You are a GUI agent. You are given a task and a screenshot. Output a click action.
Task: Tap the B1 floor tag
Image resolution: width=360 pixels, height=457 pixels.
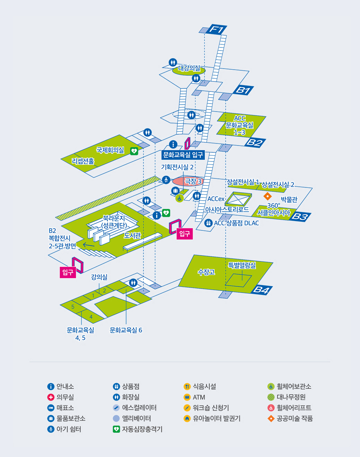click(x=243, y=90)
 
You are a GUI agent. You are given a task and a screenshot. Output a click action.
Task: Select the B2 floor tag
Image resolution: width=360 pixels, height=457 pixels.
click(x=255, y=142)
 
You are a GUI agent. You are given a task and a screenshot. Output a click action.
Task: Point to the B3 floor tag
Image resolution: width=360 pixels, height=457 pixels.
click(x=300, y=217)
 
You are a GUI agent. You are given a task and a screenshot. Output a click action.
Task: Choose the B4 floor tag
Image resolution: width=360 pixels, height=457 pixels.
click(x=261, y=290)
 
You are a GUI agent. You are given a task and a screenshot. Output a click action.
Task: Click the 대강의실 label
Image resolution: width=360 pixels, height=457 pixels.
click(x=189, y=68)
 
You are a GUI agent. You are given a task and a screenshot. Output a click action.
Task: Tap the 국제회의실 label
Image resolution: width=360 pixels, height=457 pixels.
click(x=110, y=150)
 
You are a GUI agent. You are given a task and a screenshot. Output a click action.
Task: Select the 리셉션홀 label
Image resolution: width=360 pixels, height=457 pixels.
click(x=83, y=161)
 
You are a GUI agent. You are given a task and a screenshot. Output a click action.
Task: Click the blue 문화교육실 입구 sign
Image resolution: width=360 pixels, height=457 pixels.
click(x=183, y=155)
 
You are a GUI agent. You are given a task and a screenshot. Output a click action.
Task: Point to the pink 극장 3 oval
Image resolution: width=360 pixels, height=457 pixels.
click(x=188, y=181)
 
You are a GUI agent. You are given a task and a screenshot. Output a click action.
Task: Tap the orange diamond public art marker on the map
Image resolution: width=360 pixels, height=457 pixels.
click(x=267, y=196)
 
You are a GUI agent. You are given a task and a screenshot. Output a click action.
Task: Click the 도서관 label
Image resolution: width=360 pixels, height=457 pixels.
click(x=132, y=236)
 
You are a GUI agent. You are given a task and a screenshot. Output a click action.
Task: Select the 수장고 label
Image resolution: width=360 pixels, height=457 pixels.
click(x=206, y=272)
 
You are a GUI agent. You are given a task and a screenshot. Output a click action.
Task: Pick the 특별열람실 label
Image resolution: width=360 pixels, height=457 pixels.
click(x=242, y=265)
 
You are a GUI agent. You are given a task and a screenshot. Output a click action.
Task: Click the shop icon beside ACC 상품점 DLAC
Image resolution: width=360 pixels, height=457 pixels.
click(x=208, y=223)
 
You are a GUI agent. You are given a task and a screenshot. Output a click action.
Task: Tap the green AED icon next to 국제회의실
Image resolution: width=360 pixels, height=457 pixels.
click(x=134, y=151)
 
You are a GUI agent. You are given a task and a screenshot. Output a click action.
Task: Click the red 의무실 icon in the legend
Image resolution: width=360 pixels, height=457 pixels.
click(x=51, y=397)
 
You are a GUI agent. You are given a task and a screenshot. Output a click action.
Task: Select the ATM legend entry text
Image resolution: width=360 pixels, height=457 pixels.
click(x=199, y=397)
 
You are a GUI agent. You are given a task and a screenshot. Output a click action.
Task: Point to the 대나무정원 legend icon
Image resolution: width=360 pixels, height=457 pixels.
click(x=271, y=397)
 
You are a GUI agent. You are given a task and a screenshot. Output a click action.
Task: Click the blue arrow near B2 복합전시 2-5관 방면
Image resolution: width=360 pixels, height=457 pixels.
click(x=89, y=245)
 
